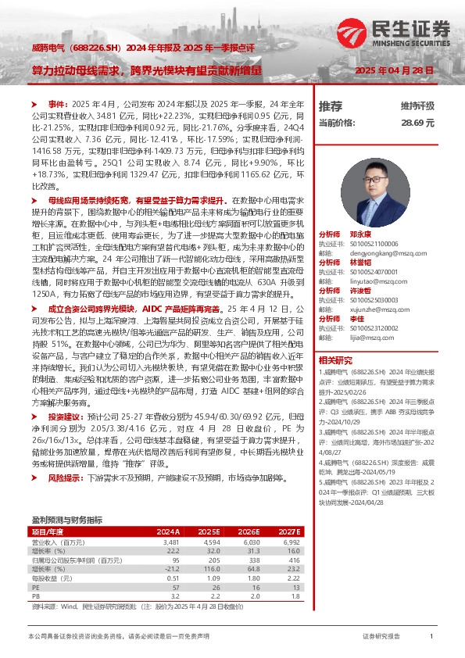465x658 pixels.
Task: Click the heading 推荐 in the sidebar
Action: (331, 105)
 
